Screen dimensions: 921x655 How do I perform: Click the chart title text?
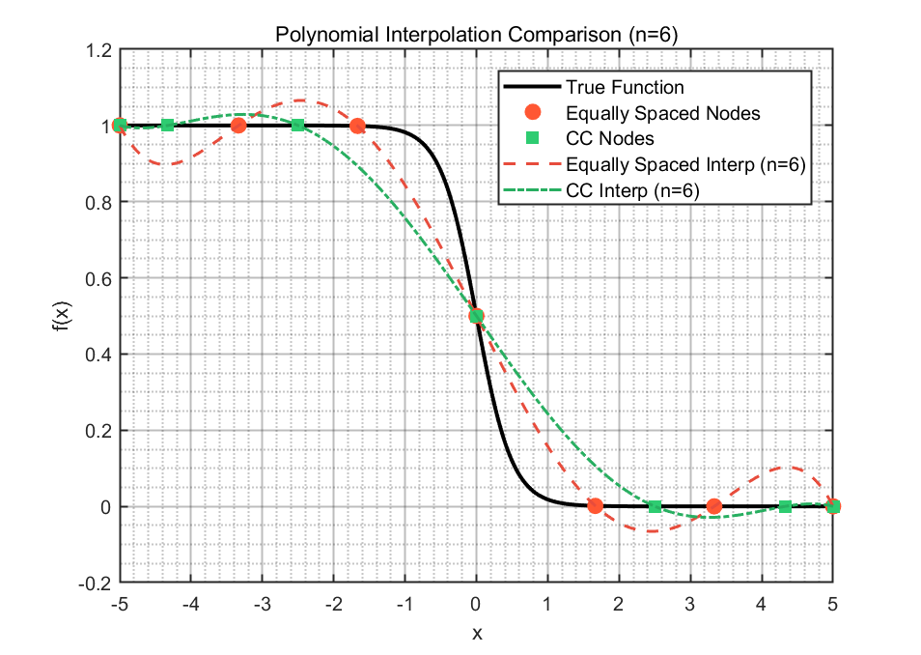(x=476, y=35)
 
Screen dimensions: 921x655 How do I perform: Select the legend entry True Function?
(x=625, y=87)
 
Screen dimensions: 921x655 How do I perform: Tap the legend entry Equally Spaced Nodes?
(x=662, y=113)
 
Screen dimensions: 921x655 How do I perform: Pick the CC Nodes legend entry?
(x=610, y=138)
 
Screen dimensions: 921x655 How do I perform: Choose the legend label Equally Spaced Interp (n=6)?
(x=685, y=164)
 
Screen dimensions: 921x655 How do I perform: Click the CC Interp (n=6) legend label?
(x=632, y=190)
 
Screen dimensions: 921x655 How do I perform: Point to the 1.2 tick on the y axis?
(x=98, y=50)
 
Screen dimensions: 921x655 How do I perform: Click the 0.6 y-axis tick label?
(x=98, y=278)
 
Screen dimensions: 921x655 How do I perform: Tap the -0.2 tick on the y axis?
(x=95, y=584)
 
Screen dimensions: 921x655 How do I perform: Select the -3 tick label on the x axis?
(x=262, y=604)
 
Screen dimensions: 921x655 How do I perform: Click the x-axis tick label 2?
(x=619, y=604)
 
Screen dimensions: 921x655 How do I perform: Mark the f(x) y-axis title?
(x=62, y=316)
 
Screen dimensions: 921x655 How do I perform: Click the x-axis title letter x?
(x=477, y=633)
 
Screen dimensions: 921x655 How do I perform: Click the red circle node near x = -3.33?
(x=238, y=126)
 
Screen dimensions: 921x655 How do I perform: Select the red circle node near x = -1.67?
(x=357, y=126)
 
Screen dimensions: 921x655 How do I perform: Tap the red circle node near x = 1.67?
(x=595, y=505)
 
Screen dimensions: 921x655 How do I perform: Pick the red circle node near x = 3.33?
(x=713, y=505)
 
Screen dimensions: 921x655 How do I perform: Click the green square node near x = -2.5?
(x=297, y=126)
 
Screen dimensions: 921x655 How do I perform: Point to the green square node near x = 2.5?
(x=655, y=506)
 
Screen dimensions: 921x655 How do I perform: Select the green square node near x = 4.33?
(x=785, y=506)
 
